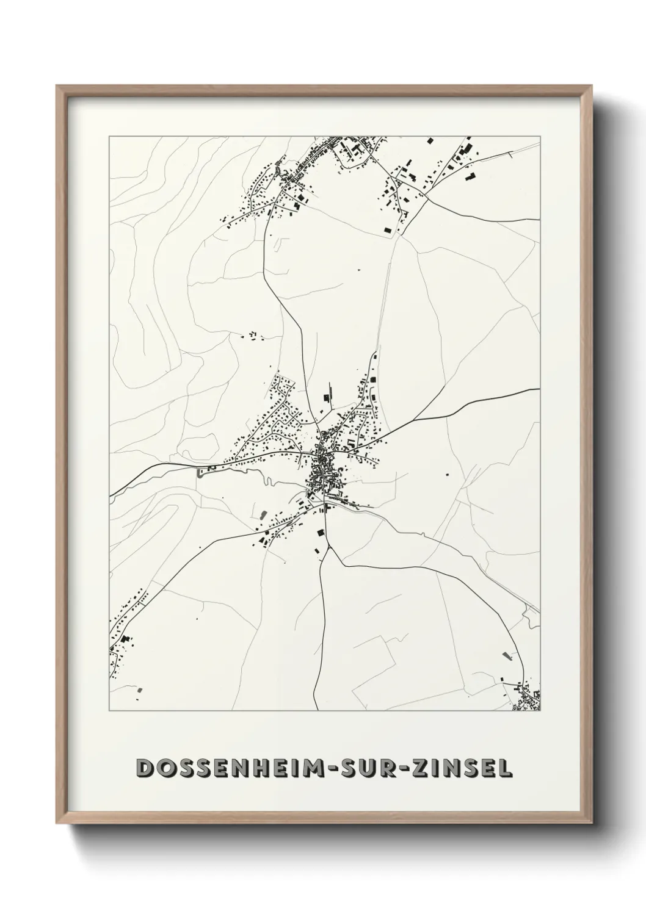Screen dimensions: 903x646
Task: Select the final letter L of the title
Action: click(506, 768)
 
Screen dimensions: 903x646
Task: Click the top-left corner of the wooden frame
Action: click(57, 86)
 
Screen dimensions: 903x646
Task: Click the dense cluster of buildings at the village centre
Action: click(321, 473)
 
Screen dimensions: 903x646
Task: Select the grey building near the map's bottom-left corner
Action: click(140, 689)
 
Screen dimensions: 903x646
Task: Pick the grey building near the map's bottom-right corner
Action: click(505, 656)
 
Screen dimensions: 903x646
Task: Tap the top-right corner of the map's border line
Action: click(541, 137)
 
